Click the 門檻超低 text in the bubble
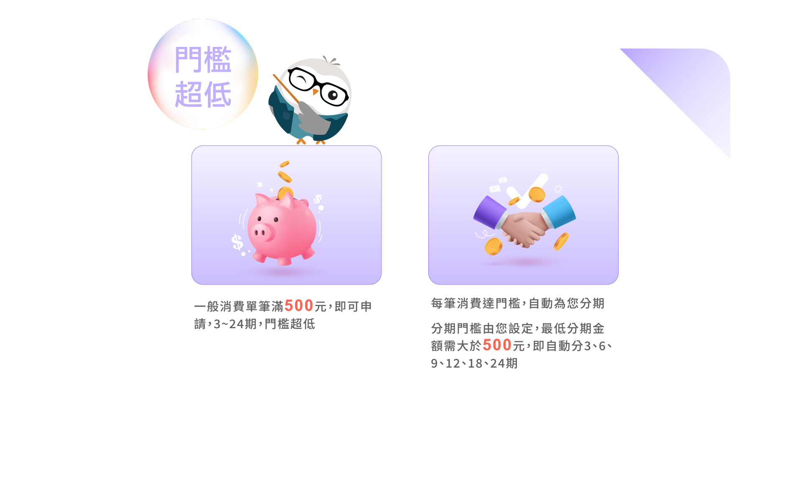203,77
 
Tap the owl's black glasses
318,86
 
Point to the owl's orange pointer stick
286,89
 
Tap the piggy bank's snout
263,232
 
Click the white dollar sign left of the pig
237,242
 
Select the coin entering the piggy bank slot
286,193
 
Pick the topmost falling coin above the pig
285,164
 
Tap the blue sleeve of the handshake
559,211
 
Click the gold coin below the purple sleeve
494,246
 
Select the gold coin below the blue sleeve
561,242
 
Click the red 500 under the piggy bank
299,306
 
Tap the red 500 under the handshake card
497,345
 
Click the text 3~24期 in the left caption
235,324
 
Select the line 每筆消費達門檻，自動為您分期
518,303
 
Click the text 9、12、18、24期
474,363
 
